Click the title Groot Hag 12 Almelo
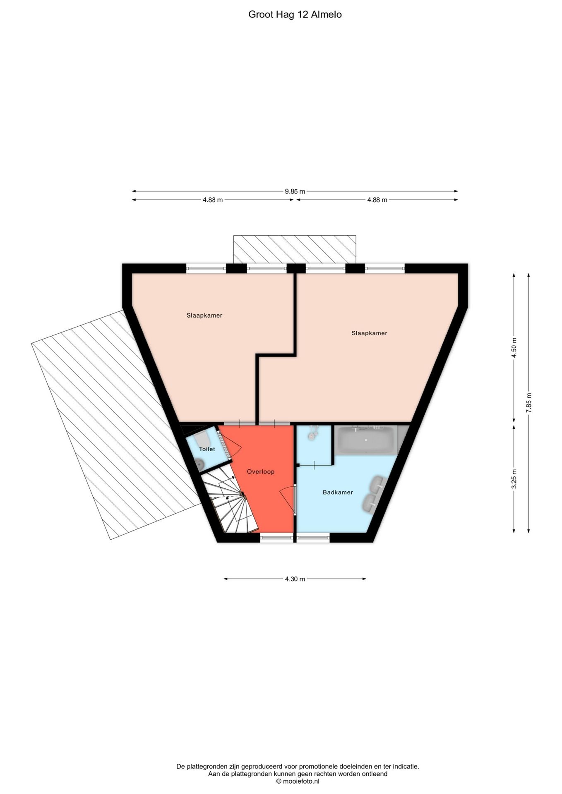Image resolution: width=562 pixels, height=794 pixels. point(295,15)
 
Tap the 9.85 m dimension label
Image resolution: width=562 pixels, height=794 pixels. point(295,191)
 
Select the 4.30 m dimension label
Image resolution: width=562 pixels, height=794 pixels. point(295,579)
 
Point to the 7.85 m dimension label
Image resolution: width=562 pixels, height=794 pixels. point(528,402)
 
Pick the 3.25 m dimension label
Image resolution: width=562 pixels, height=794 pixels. point(514,479)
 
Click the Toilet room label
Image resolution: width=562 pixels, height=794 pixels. point(207,449)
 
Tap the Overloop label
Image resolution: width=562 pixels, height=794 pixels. point(261,471)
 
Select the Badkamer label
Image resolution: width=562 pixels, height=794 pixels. point(338,492)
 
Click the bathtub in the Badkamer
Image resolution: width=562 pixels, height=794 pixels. point(365,440)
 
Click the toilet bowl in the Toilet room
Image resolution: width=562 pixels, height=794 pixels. point(200,465)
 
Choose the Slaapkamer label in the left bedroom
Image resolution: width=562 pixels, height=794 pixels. point(204,316)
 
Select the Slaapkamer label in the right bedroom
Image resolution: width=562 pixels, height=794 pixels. point(369,333)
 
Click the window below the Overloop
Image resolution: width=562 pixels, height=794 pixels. point(277,538)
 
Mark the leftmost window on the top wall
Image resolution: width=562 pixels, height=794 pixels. point(206,268)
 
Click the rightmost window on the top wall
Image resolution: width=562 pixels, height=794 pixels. point(385,268)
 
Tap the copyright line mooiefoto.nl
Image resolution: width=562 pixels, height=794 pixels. point(298,781)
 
